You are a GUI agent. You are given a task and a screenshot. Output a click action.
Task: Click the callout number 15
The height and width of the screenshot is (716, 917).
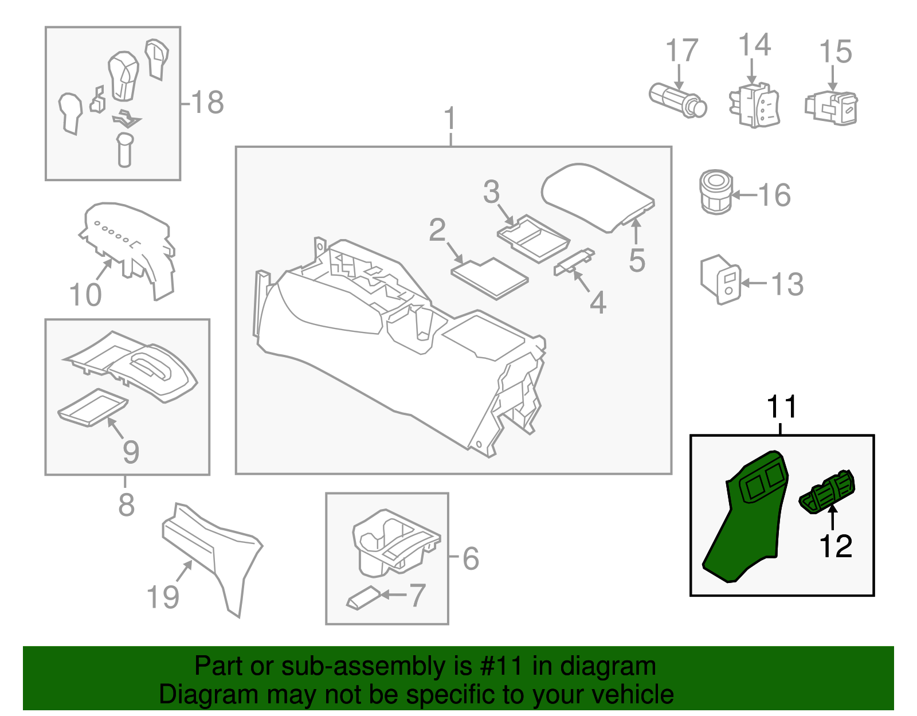pyautogui.click(x=836, y=52)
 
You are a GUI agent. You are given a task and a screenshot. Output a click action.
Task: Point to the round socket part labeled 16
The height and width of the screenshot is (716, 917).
pyautogui.click(x=716, y=192)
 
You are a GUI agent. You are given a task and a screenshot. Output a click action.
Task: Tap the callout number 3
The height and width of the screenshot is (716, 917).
pyautogui.click(x=491, y=192)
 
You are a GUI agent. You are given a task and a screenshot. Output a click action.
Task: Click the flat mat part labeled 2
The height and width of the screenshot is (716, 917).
pyautogui.click(x=489, y=278)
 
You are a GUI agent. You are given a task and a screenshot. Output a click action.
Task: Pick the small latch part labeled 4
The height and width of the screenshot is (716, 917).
pyautogui.click(x=574, y=261)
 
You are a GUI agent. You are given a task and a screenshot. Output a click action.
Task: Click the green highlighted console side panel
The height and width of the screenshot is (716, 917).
pyautogui.click(x=745, y=522)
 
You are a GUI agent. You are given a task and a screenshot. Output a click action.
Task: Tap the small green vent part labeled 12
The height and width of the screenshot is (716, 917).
pyautogui.click(x=827, y=491)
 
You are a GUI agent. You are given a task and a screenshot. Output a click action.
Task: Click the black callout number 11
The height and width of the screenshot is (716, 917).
pyautogui.click(x=781, y=407)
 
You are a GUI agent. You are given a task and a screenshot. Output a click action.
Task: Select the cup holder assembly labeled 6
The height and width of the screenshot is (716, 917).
pyautogui.click(x=395, y=542)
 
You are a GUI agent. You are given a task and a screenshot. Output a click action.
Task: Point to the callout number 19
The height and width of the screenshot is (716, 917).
pyautogui.click(x=163, y=597)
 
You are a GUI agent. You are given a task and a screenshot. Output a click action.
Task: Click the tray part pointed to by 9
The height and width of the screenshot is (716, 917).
pyautogui.click(x=92, y=408)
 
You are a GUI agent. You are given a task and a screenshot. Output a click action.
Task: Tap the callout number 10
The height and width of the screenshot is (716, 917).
pyautogui.click(x=85, y=295)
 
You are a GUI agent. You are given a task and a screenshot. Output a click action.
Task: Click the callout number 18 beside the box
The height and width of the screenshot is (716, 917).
pyautogui.click(x=207, y=103)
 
